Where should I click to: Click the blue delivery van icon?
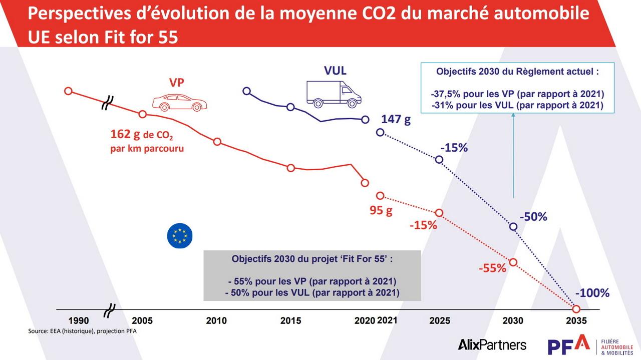[334, 95]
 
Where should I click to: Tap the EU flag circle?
[179, 235]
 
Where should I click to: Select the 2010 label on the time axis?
[216, 321]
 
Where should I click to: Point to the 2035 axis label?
[575, 321]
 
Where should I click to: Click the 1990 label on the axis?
[79, 321]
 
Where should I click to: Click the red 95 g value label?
[381, 210]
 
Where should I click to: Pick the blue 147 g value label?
[396, 119]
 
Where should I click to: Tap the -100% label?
[592, 293]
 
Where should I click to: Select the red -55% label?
[492, 268]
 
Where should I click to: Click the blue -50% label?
[533, 217]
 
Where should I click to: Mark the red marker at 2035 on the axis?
[576, 309]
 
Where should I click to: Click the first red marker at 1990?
[69, 91]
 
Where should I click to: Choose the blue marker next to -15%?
[439, 159]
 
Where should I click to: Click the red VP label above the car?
[176, 83]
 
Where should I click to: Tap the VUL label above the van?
[335, 71]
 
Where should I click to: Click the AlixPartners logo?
[492, 344]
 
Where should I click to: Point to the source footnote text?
[82, 331]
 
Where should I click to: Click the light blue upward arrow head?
[513, 115]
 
